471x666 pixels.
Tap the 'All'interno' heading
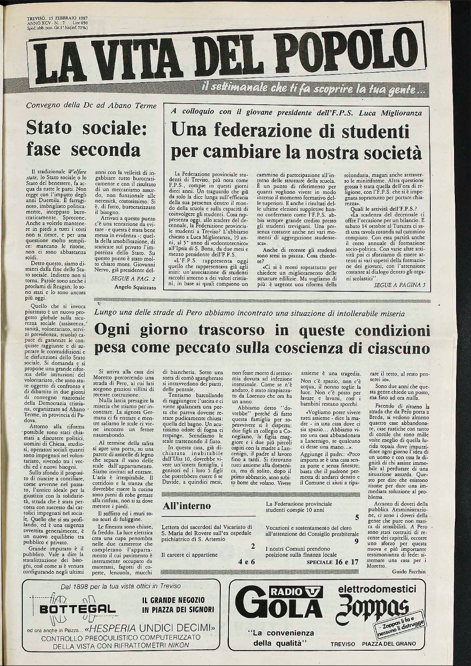coord(185,506)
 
